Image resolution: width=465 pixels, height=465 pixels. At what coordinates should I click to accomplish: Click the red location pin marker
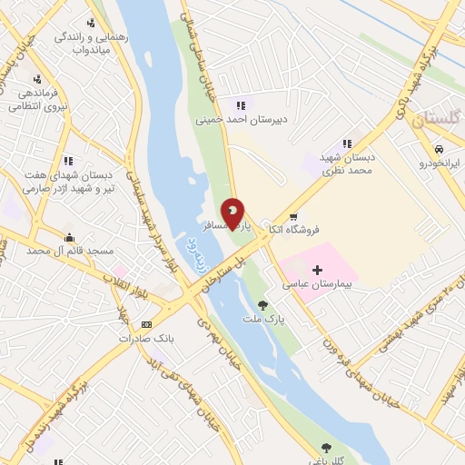pos(233,214)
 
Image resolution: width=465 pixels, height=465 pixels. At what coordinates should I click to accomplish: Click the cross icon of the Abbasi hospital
pos(317,270)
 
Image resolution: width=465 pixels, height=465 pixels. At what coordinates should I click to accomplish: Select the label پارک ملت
pos(262,321)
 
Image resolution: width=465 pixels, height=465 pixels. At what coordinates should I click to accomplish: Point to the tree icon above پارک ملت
pos(262,306)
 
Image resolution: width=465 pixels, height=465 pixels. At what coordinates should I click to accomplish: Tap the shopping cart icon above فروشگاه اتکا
pos(292,217)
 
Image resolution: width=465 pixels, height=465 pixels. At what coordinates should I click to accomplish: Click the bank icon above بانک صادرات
pos(146,324)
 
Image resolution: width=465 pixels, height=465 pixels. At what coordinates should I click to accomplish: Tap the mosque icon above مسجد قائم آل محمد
pos(69,236)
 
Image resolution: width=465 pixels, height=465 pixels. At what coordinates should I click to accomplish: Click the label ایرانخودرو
pos(440,163)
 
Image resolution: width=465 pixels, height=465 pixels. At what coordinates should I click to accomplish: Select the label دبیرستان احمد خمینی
pos(234,119)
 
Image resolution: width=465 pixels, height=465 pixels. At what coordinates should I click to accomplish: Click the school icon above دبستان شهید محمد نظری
pos(346,143)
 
